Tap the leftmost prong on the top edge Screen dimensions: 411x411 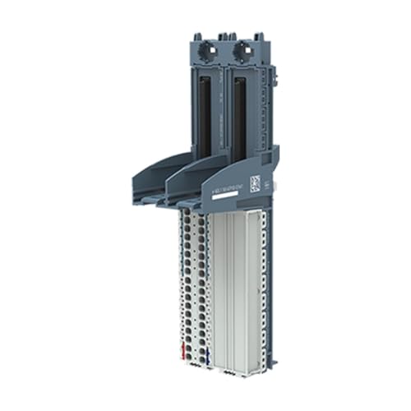point(198,37)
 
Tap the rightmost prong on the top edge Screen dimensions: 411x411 point(257,37)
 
